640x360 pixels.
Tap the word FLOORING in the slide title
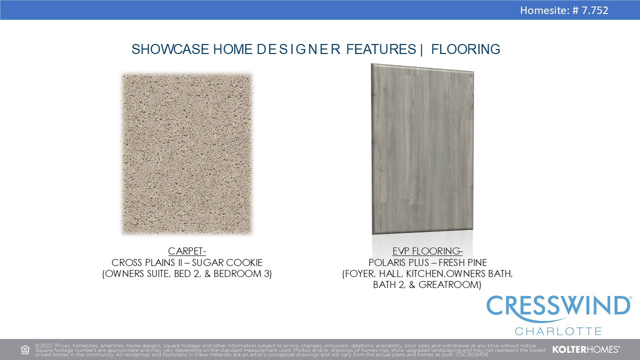465,49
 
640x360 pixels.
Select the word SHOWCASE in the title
170,49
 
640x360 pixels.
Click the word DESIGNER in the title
298,49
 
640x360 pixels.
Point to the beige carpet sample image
187,153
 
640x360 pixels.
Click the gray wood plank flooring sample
422,148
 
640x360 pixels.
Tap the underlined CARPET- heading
187,251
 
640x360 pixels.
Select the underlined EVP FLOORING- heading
427,251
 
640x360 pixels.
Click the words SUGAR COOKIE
227,262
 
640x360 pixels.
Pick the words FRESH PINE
463,262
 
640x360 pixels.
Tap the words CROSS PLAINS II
147,262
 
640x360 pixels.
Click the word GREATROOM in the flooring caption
448,284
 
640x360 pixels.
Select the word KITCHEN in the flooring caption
425,273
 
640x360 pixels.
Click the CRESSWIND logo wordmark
558,306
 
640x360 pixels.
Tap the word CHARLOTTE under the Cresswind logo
558,331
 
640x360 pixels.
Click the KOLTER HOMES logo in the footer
585,349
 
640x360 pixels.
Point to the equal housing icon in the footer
25,349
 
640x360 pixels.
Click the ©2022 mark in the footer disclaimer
44,345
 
